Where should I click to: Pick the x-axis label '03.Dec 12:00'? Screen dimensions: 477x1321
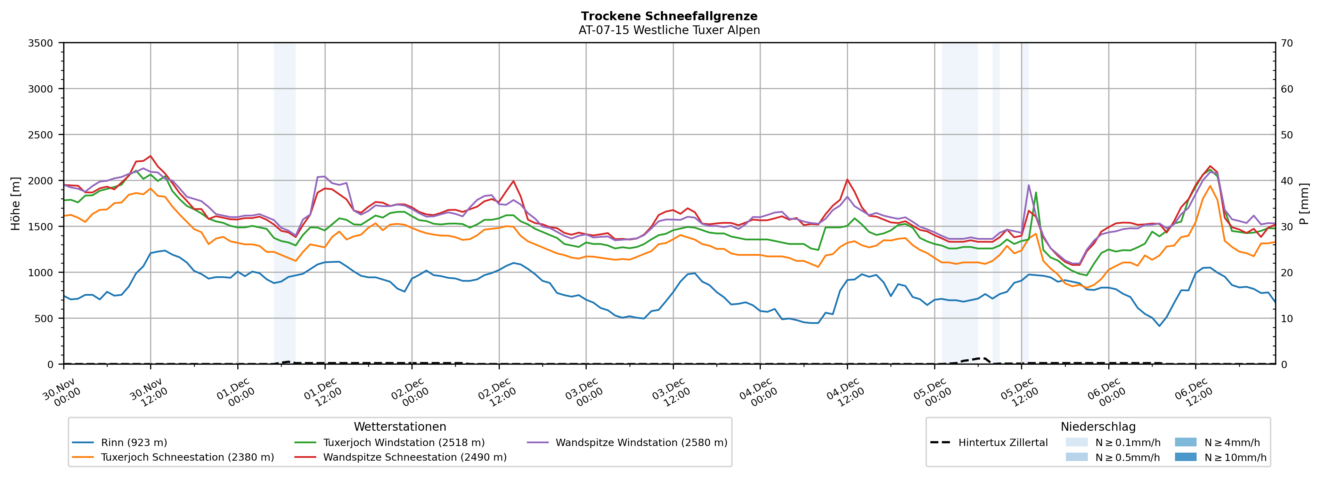click(x=671, y=393)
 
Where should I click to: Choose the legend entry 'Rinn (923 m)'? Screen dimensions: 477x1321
click(x=134, y=443)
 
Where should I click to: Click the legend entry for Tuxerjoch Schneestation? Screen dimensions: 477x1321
click(x=187, y=457)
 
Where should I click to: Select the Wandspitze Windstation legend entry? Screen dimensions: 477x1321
click(x=641, y=443)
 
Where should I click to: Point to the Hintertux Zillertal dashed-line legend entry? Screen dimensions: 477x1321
click(x=1003, y=443)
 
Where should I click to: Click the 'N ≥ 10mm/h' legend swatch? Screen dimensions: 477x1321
click(x=1185, y=457)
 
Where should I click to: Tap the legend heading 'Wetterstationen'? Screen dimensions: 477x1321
click(x=400, y=427)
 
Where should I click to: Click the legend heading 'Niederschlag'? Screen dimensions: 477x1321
click(x=1098, y=427)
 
